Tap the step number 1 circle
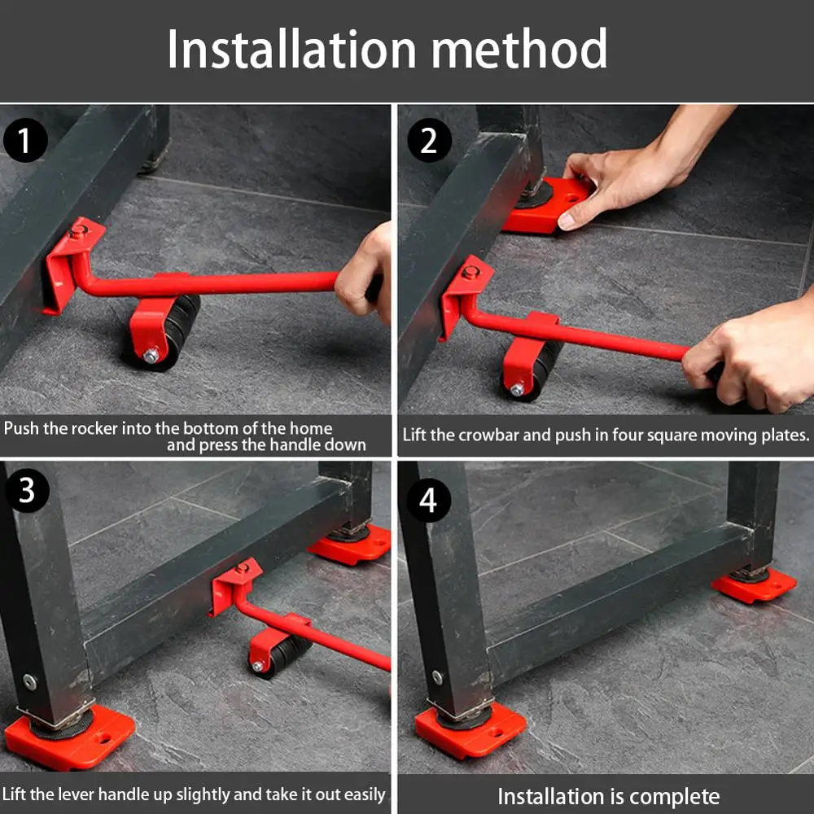point(25,141)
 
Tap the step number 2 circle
point(429,141)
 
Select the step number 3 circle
point(25,491)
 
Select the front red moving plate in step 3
point(69,737)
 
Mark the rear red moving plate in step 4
point(754,584)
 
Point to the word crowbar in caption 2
point(488,435)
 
